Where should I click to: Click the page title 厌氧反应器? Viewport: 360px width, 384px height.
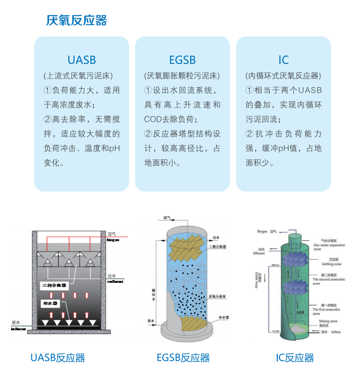77,20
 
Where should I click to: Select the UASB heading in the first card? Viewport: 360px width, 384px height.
82,60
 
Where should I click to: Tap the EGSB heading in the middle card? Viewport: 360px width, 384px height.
182,60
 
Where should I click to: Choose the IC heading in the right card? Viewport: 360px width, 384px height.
283,60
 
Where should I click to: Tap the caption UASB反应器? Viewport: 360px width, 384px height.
57,358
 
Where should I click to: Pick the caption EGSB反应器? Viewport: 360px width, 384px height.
183,358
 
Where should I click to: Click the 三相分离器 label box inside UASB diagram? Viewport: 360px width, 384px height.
54,284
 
